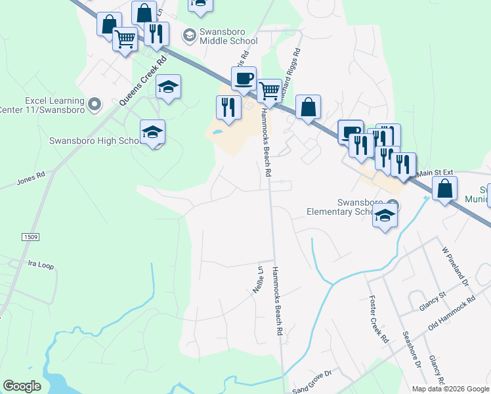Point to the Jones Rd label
[x=31, y=178]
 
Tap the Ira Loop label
[x=40, y=265]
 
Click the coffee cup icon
[x=244, y=79]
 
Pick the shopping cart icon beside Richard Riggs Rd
[x=269, y=91]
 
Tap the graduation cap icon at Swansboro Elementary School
[x=385, y=215]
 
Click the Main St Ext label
[x=436, y=173]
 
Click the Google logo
[x=22, y=385]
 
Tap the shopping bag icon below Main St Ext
[x=445, y=188]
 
